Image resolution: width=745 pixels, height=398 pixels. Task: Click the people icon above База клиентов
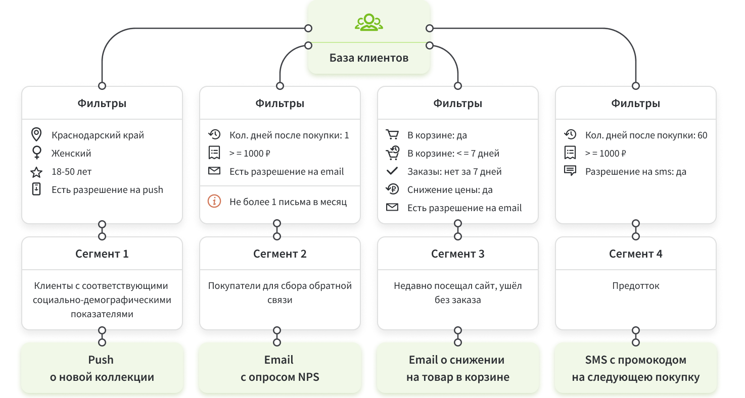[369, 22]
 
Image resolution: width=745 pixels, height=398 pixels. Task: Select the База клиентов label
[369, 58]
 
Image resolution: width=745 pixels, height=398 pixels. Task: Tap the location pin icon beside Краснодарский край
[36, 135]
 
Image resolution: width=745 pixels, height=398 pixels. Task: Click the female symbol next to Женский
[36, 153]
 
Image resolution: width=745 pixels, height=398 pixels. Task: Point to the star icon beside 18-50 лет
[36, 172]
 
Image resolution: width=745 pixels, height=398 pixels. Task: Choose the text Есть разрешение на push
[107, 190]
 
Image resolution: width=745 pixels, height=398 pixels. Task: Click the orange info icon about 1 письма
[214, 202]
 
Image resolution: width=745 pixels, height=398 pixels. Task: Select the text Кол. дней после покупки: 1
[289, 135]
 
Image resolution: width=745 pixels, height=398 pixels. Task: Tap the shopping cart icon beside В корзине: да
[392, 135]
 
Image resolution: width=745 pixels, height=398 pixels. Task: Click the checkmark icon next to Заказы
[392, 171]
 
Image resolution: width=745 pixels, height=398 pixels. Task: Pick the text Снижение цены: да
[450, 190]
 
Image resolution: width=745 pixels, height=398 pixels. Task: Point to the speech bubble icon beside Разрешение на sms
[570, 171]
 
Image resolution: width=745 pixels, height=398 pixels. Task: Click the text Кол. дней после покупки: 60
[646, 135]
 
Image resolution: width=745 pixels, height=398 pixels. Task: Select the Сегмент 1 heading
[102, 254]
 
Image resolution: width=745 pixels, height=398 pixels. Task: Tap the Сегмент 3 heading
[458, 254]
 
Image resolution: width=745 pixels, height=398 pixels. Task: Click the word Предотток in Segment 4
[636, 286]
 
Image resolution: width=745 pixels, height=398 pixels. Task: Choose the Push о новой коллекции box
[102, 368]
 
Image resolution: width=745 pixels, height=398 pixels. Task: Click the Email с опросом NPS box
[279, 368]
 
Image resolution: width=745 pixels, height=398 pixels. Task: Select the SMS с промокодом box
[636, 368]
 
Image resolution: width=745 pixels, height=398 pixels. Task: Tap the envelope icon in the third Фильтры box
[392, 208]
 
